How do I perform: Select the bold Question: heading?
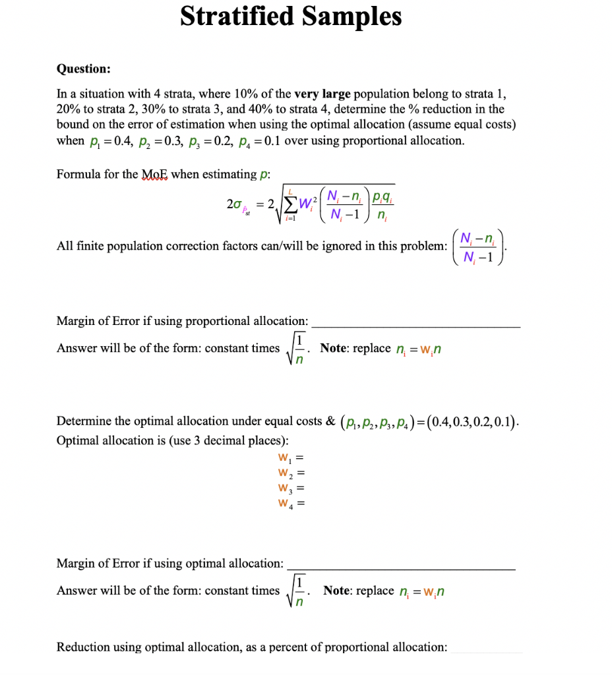(x=84, y=69)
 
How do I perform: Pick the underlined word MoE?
(x=155, y=174)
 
